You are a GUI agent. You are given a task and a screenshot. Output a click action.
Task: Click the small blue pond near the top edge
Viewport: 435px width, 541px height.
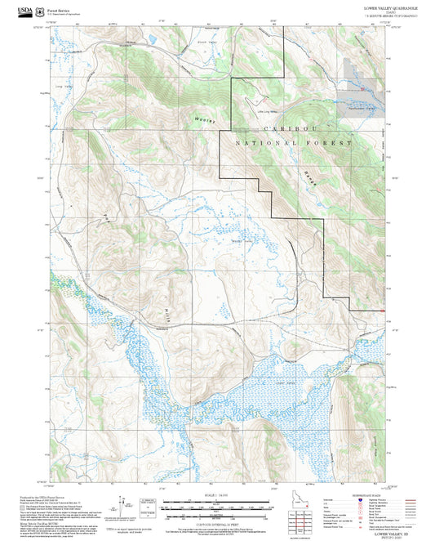[x=150, y=39]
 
